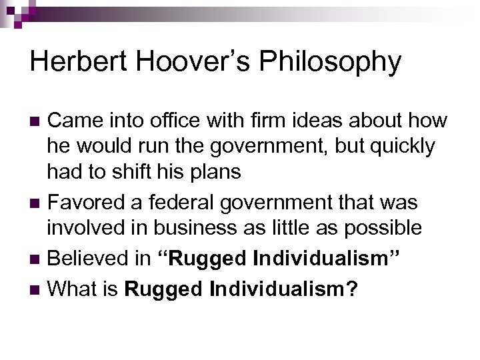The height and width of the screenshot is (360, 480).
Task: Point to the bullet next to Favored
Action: pos(37,202)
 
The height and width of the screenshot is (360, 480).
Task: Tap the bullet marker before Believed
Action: pos(37,259)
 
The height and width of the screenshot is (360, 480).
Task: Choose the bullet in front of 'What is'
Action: pos(37,289)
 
